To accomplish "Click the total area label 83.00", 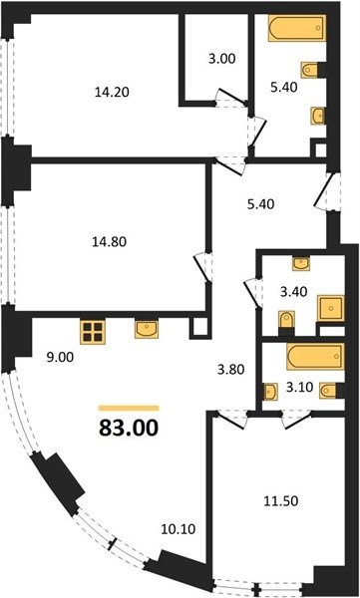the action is [129, 428].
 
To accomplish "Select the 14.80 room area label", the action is [109, 241].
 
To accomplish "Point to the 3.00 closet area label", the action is [221, 59].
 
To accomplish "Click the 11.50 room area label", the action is [281, 501].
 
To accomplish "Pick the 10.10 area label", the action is [179, 529].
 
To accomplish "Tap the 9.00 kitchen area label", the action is [59, 358].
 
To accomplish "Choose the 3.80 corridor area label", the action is [229, 369].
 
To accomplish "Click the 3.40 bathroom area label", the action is [293, 292].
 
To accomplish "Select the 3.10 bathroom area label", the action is [300, 387].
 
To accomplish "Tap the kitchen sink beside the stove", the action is [147, 330].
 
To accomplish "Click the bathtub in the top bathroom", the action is [297, 28].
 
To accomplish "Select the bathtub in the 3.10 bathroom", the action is [315, 357].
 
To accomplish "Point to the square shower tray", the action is [331, 308].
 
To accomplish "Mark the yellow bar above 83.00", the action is [129, 408].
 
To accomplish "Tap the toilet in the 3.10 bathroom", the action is [328, 391].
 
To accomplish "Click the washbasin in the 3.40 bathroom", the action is [301, 263].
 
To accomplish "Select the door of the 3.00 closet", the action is [232, 98].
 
